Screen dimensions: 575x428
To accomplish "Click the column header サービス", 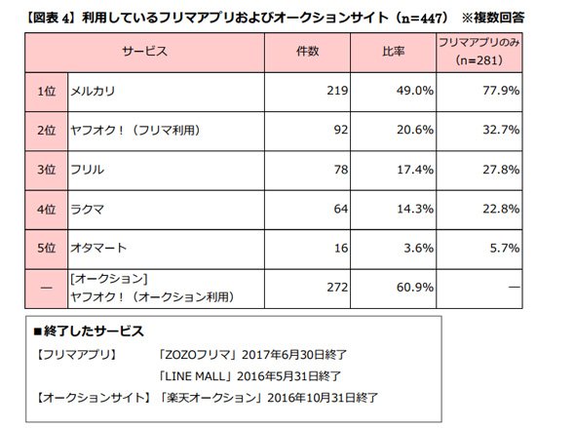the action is point(144,52).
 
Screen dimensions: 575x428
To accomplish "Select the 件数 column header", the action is point(307,52).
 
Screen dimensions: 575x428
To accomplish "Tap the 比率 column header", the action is point(394,52).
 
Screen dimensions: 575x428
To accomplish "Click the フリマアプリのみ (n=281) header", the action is point(479,52).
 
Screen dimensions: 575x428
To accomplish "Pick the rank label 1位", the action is point(46,91).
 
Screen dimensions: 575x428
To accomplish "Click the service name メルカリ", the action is point(93,91).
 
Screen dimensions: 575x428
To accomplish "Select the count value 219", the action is point(337,91).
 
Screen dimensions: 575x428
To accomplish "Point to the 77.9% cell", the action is point(501,91).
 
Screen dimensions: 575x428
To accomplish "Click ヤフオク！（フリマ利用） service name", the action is point(135,131).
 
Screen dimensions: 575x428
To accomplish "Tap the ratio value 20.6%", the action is point(415,130).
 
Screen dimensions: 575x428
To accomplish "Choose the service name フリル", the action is point(87,170).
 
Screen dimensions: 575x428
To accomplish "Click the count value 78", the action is point(341,170).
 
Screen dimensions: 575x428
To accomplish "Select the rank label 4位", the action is point(46,209).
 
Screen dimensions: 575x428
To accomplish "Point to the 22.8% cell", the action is point(501,209).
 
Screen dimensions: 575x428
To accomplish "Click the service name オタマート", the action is point(98,249).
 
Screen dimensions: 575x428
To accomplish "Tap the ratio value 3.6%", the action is point(418,249).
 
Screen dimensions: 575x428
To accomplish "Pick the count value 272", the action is point(337,288).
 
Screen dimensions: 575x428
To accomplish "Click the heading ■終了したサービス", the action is point(89,331).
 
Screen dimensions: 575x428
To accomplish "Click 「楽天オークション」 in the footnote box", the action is point(211,398).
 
